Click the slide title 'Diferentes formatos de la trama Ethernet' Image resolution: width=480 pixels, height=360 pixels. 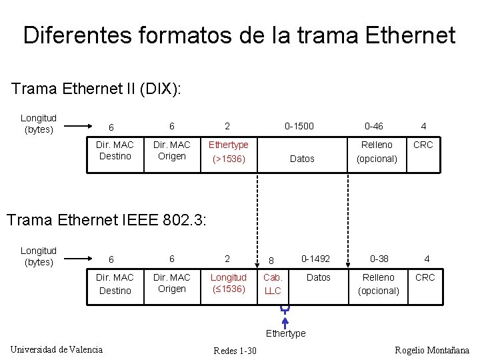(239, 35)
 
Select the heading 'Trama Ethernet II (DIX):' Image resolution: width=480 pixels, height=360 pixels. (97, 89)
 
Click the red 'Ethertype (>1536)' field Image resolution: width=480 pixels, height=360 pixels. (229, 152)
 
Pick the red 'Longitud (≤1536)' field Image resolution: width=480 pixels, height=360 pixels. (229, 283)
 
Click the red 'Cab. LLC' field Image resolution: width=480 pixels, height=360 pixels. (273, 284)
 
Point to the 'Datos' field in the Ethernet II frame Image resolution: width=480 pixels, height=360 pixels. (302, 159)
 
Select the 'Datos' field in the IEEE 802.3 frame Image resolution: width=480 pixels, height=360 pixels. (318, 277)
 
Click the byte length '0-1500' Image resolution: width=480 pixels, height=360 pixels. (299, 125)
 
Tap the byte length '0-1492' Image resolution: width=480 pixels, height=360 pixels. (316, 259)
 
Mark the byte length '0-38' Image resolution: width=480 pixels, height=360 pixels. (379, 259)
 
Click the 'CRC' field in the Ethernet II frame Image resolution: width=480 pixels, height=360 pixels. (423, 145)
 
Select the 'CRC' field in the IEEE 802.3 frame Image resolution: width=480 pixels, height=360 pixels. (425, 277)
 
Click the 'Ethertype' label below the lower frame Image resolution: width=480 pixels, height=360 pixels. (285, 333)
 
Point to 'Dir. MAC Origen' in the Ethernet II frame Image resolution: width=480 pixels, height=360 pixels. (172, 151)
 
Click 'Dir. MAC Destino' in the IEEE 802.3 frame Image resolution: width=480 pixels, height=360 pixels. (115, 284)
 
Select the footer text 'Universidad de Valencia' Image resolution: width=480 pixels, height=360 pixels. (57, 349)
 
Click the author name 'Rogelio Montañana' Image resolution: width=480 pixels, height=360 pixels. (432, 350)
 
